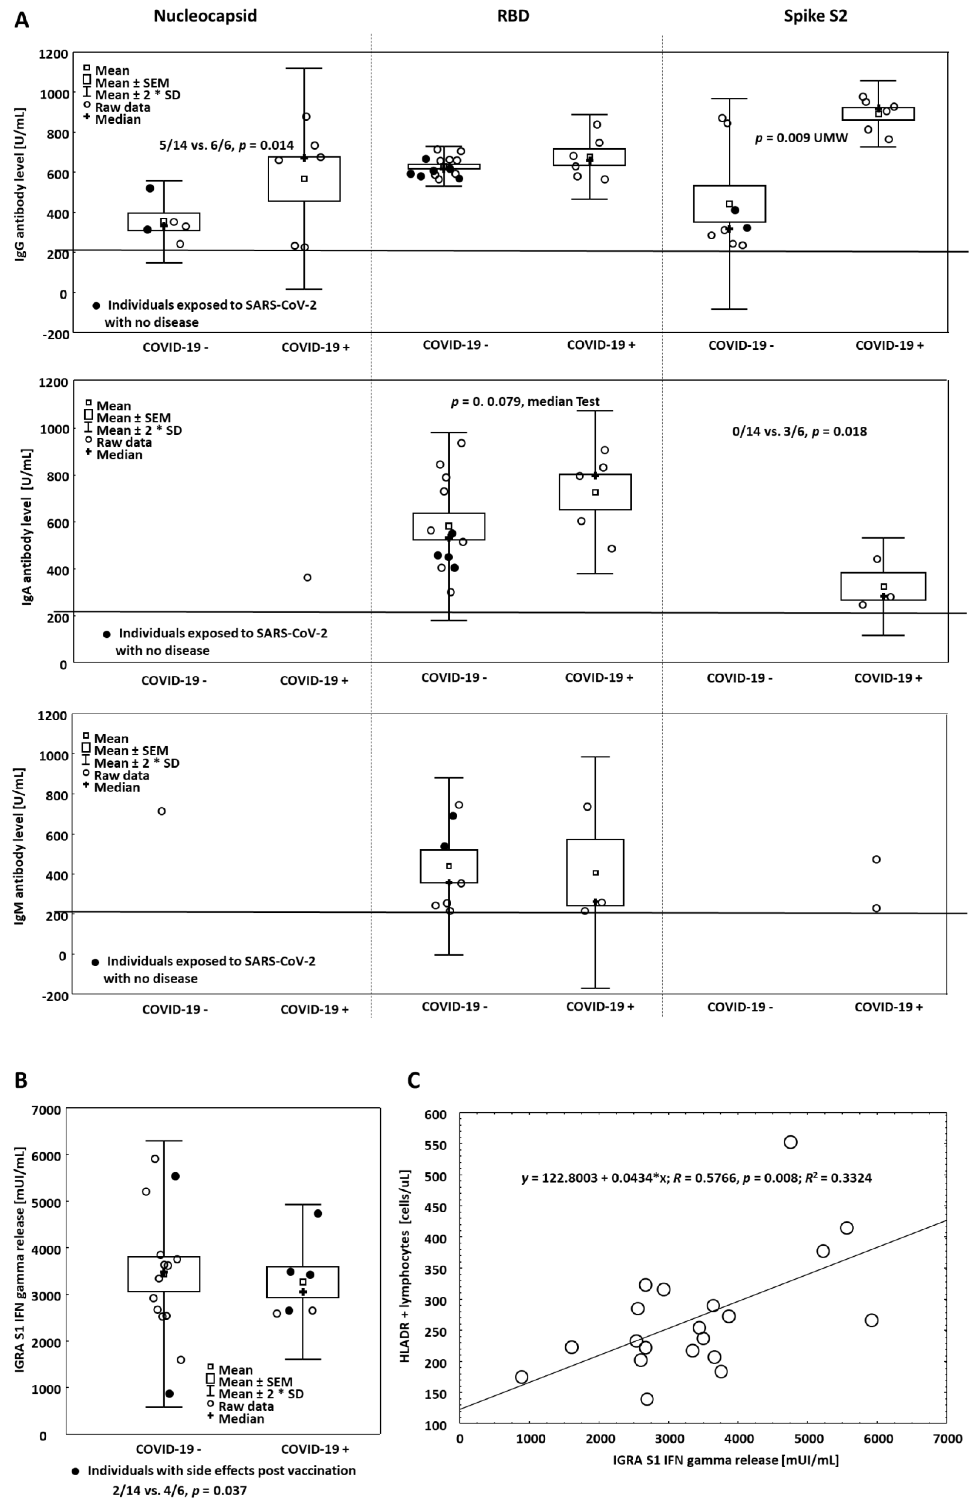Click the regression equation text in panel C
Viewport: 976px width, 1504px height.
[x=696, y=1178]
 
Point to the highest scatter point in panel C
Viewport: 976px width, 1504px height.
[x=790, y=1142]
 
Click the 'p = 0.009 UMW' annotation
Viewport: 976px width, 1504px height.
[x=801, y=138]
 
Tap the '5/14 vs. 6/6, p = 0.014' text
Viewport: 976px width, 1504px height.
[x=226, y=145]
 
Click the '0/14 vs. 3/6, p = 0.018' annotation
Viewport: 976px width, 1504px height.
[x=798, y=432]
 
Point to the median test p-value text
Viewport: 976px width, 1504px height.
[x=525, y=401]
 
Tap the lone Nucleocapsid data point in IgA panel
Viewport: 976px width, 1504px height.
[x=307, y=577]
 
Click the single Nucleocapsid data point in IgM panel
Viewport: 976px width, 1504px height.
[x=162, y=811]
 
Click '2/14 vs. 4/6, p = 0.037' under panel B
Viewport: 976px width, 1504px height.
[x=179, y=1490]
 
